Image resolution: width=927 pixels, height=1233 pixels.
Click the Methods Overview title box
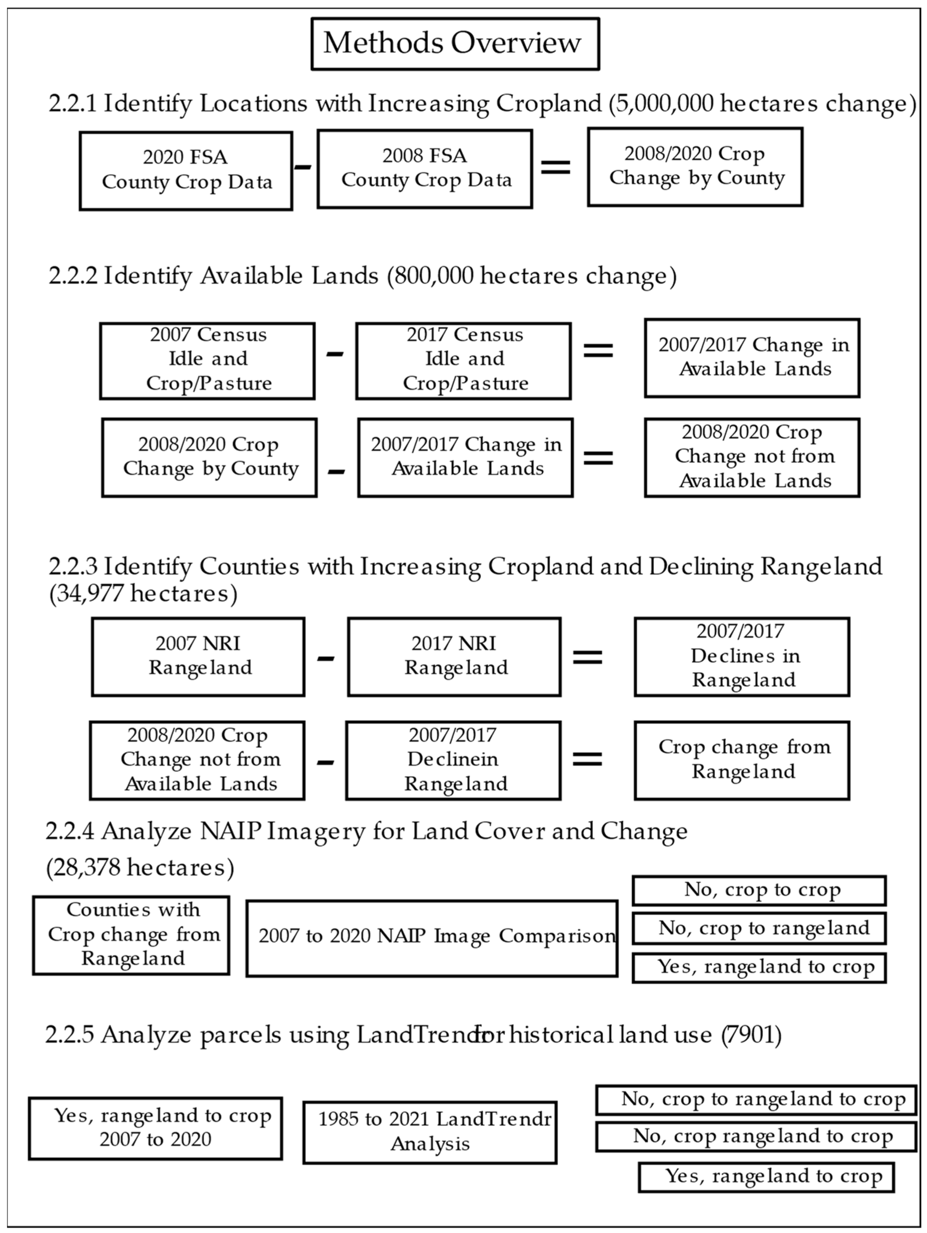454,44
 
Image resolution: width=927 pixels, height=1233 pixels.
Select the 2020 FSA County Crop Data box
186,170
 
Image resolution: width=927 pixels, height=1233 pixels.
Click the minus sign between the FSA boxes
303,166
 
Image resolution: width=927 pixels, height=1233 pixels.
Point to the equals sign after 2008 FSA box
555,166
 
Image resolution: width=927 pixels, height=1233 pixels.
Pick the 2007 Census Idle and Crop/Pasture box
207,360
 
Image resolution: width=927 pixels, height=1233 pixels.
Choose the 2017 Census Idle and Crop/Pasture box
463,360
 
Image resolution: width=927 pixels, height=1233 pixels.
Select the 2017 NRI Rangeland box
454,656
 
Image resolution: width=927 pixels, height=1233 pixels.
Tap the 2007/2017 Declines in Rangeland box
741,656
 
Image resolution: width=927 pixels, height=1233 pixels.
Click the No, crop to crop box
759,890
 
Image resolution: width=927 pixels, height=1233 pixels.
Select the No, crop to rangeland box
759,928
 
